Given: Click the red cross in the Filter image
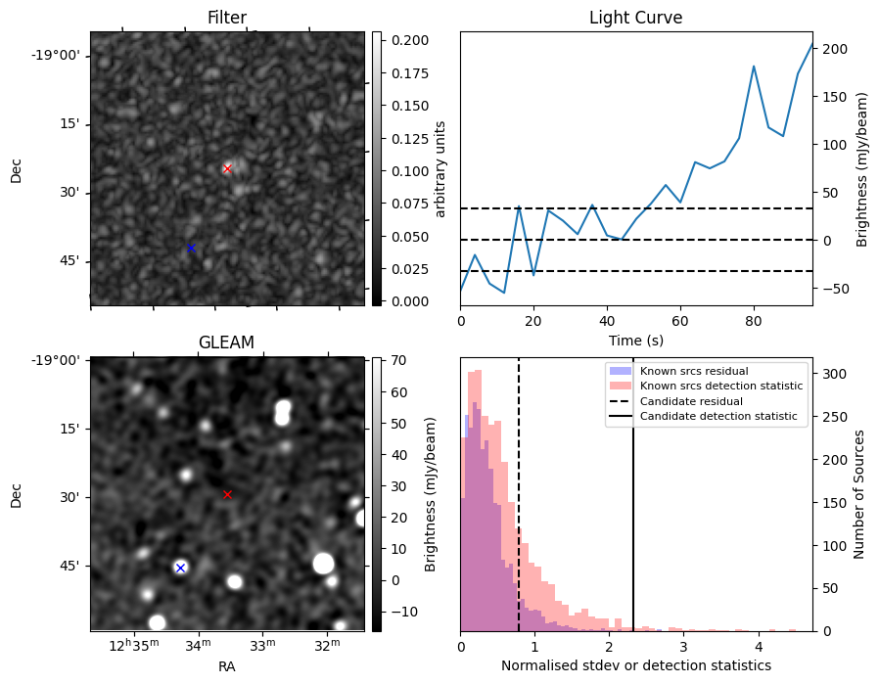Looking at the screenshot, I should point(227,168).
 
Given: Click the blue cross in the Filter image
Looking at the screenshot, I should point(191,248).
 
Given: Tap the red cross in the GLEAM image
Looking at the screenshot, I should point(227,494).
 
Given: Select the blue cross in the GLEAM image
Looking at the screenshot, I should point(180,568).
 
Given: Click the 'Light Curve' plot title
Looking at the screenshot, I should point(635,19).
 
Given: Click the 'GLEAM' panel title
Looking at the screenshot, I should point(226,342).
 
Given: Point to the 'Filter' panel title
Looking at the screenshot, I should point(226,19).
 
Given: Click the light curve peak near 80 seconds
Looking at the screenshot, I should point(754,67).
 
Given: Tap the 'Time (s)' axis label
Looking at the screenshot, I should point(635,339).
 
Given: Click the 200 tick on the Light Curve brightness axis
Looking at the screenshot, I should point(835,49).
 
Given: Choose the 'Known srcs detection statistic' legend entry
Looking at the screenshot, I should point(721,387).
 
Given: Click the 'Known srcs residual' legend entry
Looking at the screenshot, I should point(694,371).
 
